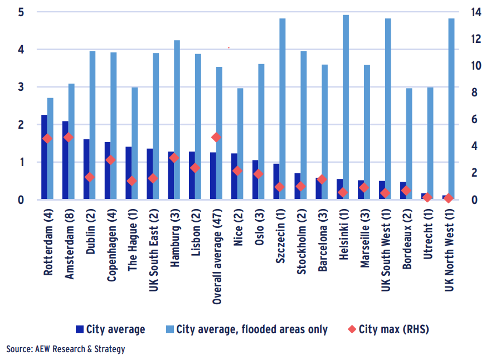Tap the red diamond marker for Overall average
click(x=216, y=137)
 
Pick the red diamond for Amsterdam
click(x=69, y=137)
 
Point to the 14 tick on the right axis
click(x=461, y=12)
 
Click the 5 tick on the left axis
click(x=21, y=12)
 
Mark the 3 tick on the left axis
click(x=21, y=87)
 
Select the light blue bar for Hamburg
click(x=177, y=120)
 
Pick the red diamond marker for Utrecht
click(x=427, y=197)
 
